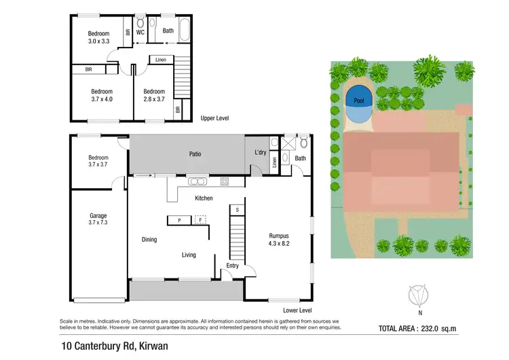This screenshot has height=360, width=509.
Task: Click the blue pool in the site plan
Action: point(358,99)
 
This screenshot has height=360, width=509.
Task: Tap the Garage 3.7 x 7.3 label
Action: point(98,218)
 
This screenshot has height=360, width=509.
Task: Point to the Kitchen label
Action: point(204,198)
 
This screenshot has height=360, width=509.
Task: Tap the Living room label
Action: point(188,255)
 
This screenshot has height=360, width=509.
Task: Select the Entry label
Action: point(233,266)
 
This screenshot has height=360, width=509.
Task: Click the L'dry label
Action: point(260,152)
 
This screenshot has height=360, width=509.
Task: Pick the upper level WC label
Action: point(140,31)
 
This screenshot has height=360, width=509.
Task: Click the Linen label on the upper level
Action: point(160,60)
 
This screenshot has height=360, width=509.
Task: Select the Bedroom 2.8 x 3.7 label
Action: point(154,95)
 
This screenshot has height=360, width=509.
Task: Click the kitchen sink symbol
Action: point(198,181)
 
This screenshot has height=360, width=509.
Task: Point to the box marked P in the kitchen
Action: point(179,220)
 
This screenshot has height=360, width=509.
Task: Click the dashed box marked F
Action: point(200,220)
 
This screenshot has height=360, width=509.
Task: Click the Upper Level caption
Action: point(214,118)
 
